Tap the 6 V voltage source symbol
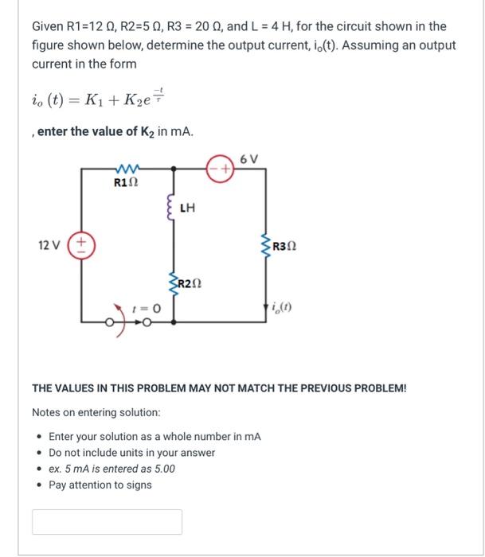[x=221, y=170]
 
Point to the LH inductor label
[x=188, y=210]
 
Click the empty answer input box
[x=107, y=521]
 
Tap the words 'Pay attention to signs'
[x=100, y=485]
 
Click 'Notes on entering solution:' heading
[x=96, y=413]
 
